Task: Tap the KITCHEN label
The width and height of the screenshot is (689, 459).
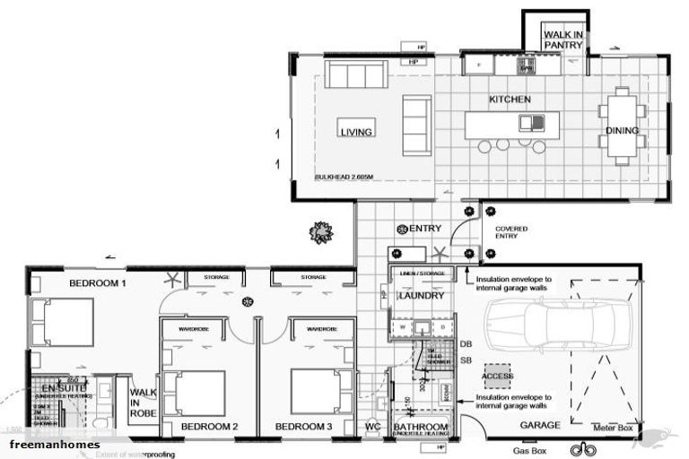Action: click(x=509, y=99)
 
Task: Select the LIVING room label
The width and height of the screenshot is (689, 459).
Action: click(x=355, y=132)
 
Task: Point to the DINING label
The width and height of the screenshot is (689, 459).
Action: click(x=622, y=131)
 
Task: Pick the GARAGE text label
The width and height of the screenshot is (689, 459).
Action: click(x=541, y=425)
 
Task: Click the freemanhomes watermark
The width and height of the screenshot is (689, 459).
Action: click(x=55, y=445)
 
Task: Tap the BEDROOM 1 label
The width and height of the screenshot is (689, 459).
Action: click(x=98, y=283)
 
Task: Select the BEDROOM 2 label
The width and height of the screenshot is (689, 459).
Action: click(x=208, y=426)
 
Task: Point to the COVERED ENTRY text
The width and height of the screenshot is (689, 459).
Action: click(x=511, y=233)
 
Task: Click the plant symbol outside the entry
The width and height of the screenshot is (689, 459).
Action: click(x=320, y=233)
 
